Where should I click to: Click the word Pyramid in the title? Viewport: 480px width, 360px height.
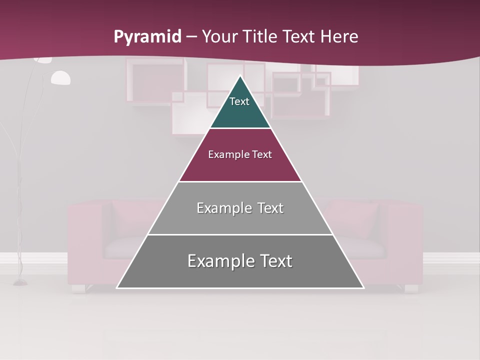click(147, 37)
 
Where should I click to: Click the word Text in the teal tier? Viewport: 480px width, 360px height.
click(239, 101)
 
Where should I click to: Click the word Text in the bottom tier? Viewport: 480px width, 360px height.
click(275, 261)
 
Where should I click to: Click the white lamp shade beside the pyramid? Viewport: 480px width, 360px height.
click(60, 78)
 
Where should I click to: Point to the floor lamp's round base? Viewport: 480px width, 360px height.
click(20, 282)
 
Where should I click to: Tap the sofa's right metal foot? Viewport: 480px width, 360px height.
click(411, 288)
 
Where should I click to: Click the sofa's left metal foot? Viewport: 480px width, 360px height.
click(78, 288)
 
